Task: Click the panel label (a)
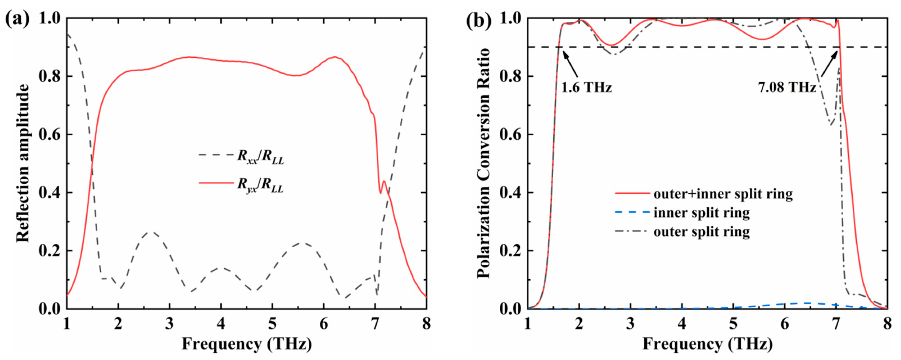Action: pos(17,19)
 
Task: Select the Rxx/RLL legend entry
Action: pos(241,156)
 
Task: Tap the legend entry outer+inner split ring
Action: pos(704,194)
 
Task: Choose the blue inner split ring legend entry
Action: pos(683,213)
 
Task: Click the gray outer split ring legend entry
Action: pos(683,231)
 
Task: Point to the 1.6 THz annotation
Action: pos(586,87)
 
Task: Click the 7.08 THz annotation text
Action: pos(787,87)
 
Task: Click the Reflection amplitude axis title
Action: pos(23,163)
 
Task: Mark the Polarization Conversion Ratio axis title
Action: pos(484,163)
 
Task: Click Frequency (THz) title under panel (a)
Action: pos(247,343)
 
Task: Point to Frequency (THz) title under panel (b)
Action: pos(708,343)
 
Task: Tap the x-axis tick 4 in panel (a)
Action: pos(221,324)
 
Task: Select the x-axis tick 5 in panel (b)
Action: pos(733,324)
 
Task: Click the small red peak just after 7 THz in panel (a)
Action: pos(384,182)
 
